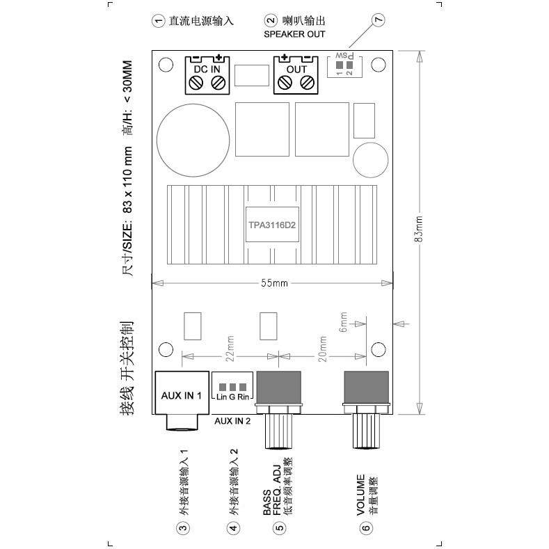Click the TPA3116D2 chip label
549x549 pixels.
tap(273, 225)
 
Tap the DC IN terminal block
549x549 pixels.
tap(207, 75)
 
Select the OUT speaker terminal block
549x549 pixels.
tap(295, 75)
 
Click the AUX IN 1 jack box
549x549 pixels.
tap(182, 395)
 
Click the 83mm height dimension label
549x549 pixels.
tap(418, 228)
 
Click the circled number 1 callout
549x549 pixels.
tap(158, 21)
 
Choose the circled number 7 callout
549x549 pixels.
tap(379, 22)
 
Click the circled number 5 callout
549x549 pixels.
tap(280, 527)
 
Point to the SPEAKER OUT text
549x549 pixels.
tap(294, 33)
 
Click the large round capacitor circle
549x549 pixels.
tap(193, 137)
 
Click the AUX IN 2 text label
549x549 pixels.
tap(232, 421)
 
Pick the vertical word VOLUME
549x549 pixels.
tap(360, 495)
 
